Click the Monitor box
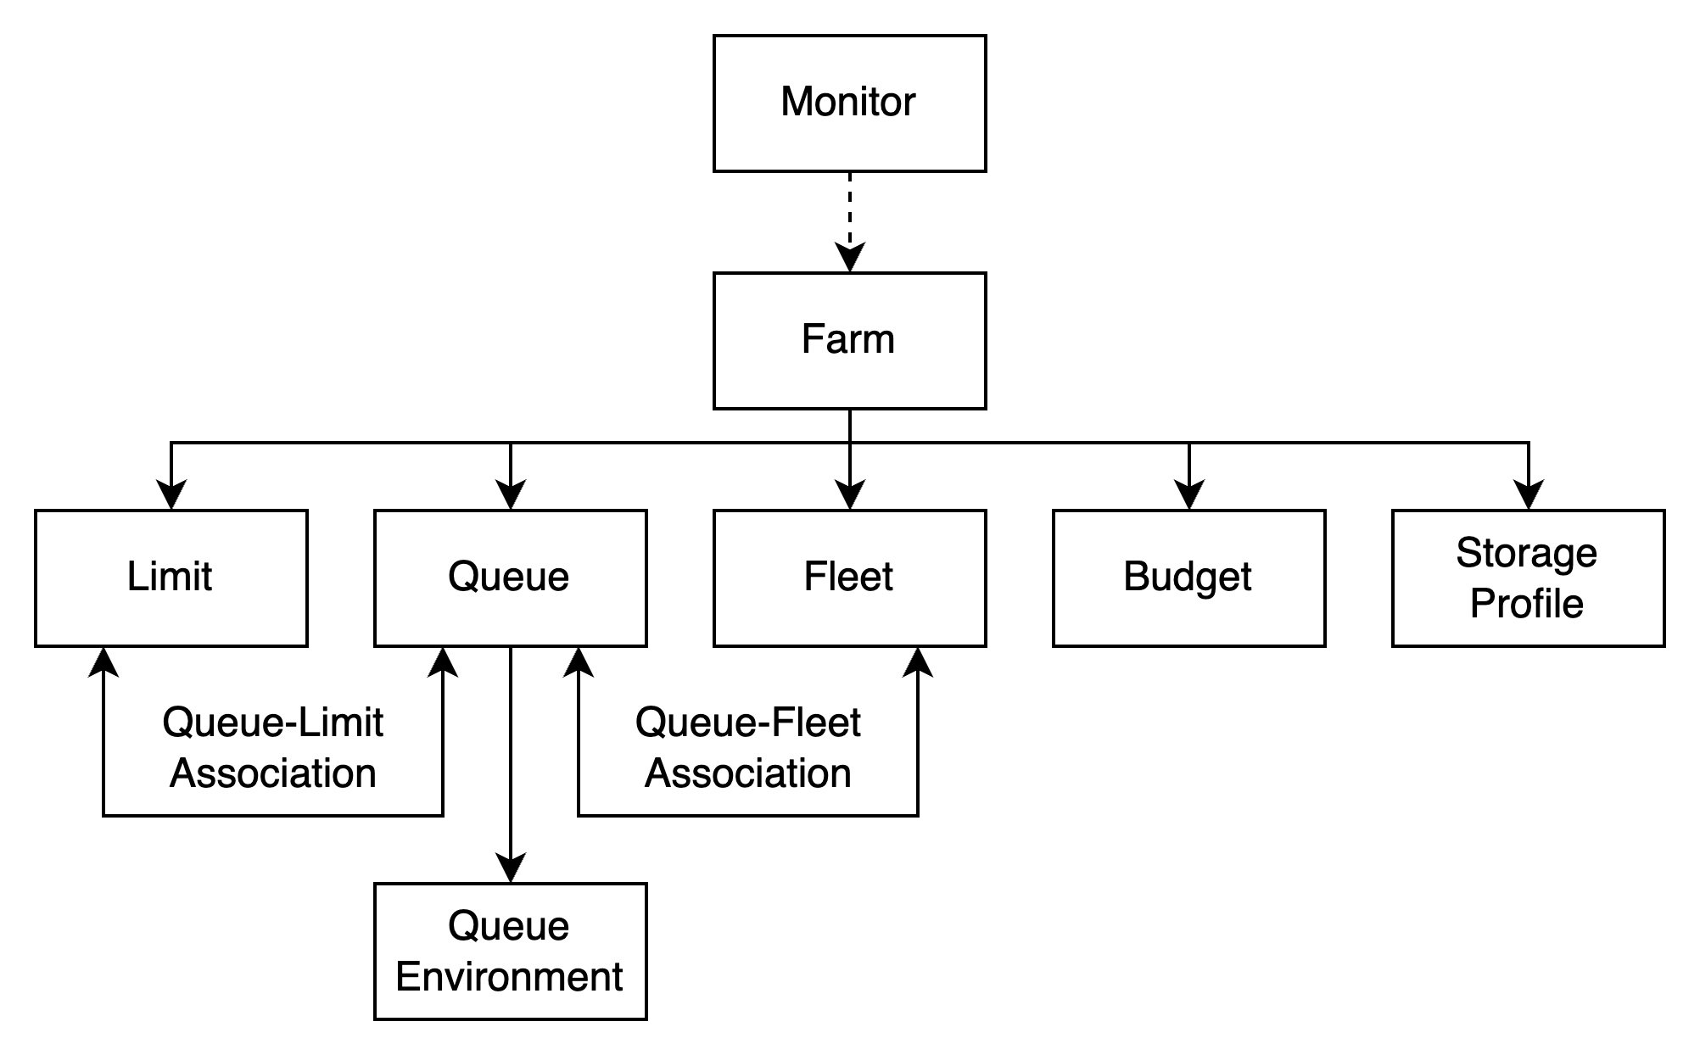pyautogui.click(x=849, y=103)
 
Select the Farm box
pyautogui.click(x=849, y=340)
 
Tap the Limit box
pyautogui.click(x=171, y=578)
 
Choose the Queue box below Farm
pyautogui.click(x=510, y=578)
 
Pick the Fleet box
pyautogui.click(x=849, y=578)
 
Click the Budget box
pyautogui.click(x=1188, y=578)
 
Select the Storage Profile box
pyautogui.click(x=1528, y=578)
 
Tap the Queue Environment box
pyautogui.click(x=510, y=951)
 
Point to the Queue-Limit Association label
pyautogui.click(x=272, y=748)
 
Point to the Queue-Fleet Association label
pyautogui.click(x=747, y=748)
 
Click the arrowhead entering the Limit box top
pyautogui.click(x=171, y=496)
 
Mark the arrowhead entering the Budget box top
pyautogui.click(x=1189, y=496)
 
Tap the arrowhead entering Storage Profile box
pyautogui.click(x=1529, y=496)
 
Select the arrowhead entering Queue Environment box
pyautogui.click(x=511, y=869)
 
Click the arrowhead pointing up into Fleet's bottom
pyautogui.click(x=918, y=661)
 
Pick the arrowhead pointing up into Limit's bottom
pyautogui.click(x=103, y=661)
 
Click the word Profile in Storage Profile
pyautogui.click(x=1526, y=604)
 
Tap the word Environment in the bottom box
pyautogui.click(x=509, y=977)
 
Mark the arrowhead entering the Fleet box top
pyautogui.click(x=850, y=496)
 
